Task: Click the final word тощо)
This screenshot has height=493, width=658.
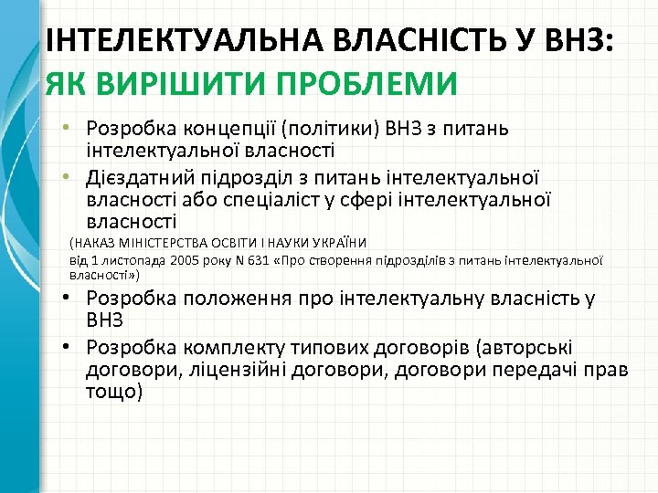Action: click(114, 392)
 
